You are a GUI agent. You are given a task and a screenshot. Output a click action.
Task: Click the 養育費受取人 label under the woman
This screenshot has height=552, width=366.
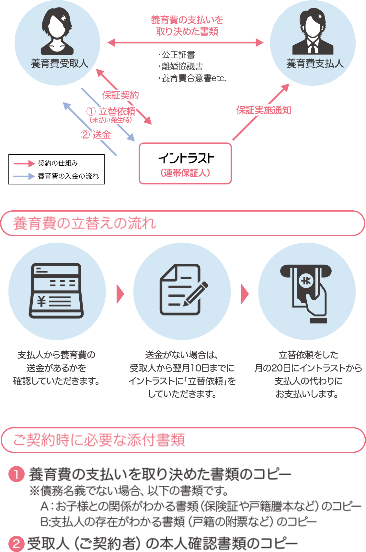click(x=59, y=63)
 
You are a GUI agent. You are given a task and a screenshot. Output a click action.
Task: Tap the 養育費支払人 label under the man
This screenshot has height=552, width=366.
click(x=315, y=63)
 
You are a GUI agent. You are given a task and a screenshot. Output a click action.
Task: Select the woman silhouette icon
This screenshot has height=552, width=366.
click(x=57, y=31)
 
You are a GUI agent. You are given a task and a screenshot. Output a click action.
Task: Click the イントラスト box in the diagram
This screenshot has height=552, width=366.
click(x=185, y=163)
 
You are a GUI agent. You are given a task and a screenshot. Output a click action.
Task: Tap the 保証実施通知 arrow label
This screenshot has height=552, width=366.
click(x=264, y=110)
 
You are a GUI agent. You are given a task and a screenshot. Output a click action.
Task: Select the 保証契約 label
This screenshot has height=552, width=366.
click(x=120, y=95)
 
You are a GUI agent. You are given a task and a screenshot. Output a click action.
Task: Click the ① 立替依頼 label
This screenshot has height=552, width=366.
click(x=111, y=112)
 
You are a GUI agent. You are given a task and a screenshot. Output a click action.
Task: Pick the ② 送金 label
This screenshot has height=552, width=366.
click(x=96, y=134)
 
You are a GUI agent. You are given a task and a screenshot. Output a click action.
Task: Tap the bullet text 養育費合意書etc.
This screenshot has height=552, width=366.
click(x=194, y=78)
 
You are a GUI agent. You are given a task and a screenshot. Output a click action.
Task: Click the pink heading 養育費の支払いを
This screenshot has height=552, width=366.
click(x=187, y=20)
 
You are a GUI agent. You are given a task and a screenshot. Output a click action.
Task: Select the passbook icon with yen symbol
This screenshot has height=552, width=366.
click(x=56, y=291)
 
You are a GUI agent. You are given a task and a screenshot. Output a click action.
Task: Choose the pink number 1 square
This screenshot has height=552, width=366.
click(x=16, y=474)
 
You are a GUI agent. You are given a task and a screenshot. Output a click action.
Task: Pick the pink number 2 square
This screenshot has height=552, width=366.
click(x=16, y=543)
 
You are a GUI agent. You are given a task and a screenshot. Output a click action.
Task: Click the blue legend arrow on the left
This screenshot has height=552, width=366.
click(x=24, y=176)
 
